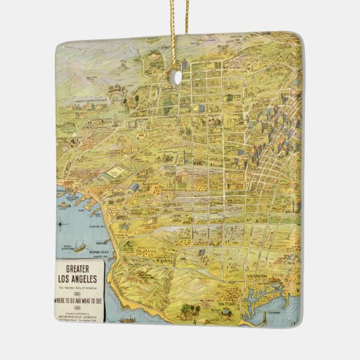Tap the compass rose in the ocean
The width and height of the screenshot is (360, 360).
(63, 222)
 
